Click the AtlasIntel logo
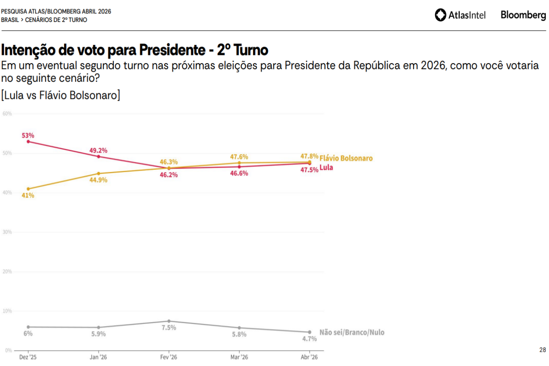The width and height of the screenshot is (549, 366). tap(460, 15)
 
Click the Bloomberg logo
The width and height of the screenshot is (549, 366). tap(523, 15)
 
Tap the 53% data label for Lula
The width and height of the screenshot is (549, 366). tap(28, 135)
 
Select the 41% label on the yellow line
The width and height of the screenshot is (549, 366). tap(28, 195)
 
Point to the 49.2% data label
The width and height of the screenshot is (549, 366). tap(98, 150)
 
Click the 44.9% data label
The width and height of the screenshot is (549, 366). tap(98, 180)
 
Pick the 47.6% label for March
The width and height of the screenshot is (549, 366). tap(239, 157)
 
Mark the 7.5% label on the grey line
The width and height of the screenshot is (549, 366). tap(169, 328)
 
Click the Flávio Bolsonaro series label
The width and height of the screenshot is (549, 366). tap(346, 158)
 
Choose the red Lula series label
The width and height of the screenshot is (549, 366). tap(326, 167)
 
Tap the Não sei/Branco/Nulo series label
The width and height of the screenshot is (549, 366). tap(352, 333)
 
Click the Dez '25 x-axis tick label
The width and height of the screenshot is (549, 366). tap(28, 357)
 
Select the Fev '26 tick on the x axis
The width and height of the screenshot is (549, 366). tap(169, 357)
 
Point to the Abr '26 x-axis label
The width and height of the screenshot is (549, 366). tap(310, 357)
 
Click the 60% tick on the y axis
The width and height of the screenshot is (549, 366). tap(7, 113)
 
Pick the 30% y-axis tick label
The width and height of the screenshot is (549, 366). tap(7, 232)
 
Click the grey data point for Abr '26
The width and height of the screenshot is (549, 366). tap(310, 332)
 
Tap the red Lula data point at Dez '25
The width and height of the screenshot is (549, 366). tap(28, 141)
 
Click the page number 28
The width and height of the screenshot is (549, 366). tap(542, 350)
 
